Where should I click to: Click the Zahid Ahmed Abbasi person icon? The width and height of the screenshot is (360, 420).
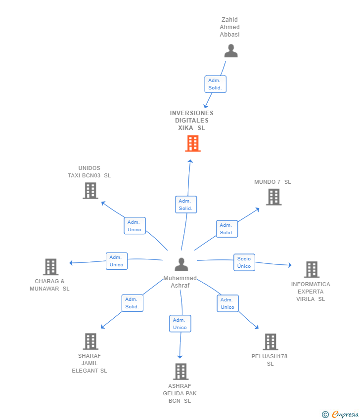click(x=230, y=51)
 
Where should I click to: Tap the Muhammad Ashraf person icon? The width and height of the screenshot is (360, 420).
click(x=181, y=265)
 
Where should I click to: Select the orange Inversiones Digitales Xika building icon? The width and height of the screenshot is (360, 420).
click(x=192, y=143)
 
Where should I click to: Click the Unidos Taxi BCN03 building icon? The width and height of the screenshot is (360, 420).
click(x=90, y=191)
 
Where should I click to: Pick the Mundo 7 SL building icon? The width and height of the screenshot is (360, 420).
click(x=273, y=197)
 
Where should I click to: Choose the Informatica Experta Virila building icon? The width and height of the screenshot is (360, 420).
click(x=311, y=269)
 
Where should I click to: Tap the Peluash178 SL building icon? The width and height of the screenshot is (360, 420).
click(x=270, y=341)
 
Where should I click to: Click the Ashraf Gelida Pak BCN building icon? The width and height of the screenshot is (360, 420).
click(x=180, y=372)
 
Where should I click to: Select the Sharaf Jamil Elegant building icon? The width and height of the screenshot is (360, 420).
click(x=90, y=341)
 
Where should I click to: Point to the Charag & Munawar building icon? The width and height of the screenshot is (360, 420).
click(x=50, y=267)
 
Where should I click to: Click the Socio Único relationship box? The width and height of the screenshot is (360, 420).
click(x=244, y=262)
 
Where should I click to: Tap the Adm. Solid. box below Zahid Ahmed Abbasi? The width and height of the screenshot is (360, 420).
click(x=215, y=84)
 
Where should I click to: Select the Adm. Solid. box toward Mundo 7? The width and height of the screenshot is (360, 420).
click(x=226, y=229)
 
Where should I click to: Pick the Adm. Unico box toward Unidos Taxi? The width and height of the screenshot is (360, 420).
click(x=135, y=226)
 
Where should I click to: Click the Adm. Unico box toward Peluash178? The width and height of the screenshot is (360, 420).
click(x=227, y=303)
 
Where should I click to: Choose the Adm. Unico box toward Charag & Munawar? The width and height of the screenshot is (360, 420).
click(x=116, y=261)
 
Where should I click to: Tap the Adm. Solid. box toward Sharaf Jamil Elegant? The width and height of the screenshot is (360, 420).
click(x=132, y=303)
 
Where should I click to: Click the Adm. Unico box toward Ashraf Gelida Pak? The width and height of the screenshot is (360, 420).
click(x=180, y=324)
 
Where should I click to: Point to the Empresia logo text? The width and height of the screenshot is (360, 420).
click(x=345, y=414)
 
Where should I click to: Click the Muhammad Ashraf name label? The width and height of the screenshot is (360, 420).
click(x=180, y=282)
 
